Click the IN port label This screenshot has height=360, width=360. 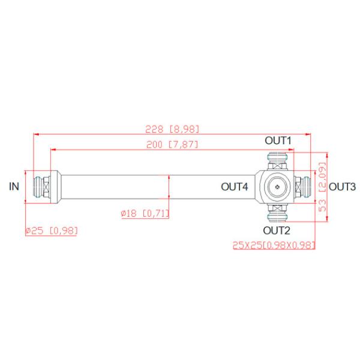14,187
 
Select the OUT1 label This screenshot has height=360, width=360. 278,140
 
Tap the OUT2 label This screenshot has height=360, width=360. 277,230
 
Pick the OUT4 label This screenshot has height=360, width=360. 235,187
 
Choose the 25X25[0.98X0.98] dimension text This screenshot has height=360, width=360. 274,245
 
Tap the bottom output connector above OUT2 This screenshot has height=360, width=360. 278,214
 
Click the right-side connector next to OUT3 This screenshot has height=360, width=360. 305,187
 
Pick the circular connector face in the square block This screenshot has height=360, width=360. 278,187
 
